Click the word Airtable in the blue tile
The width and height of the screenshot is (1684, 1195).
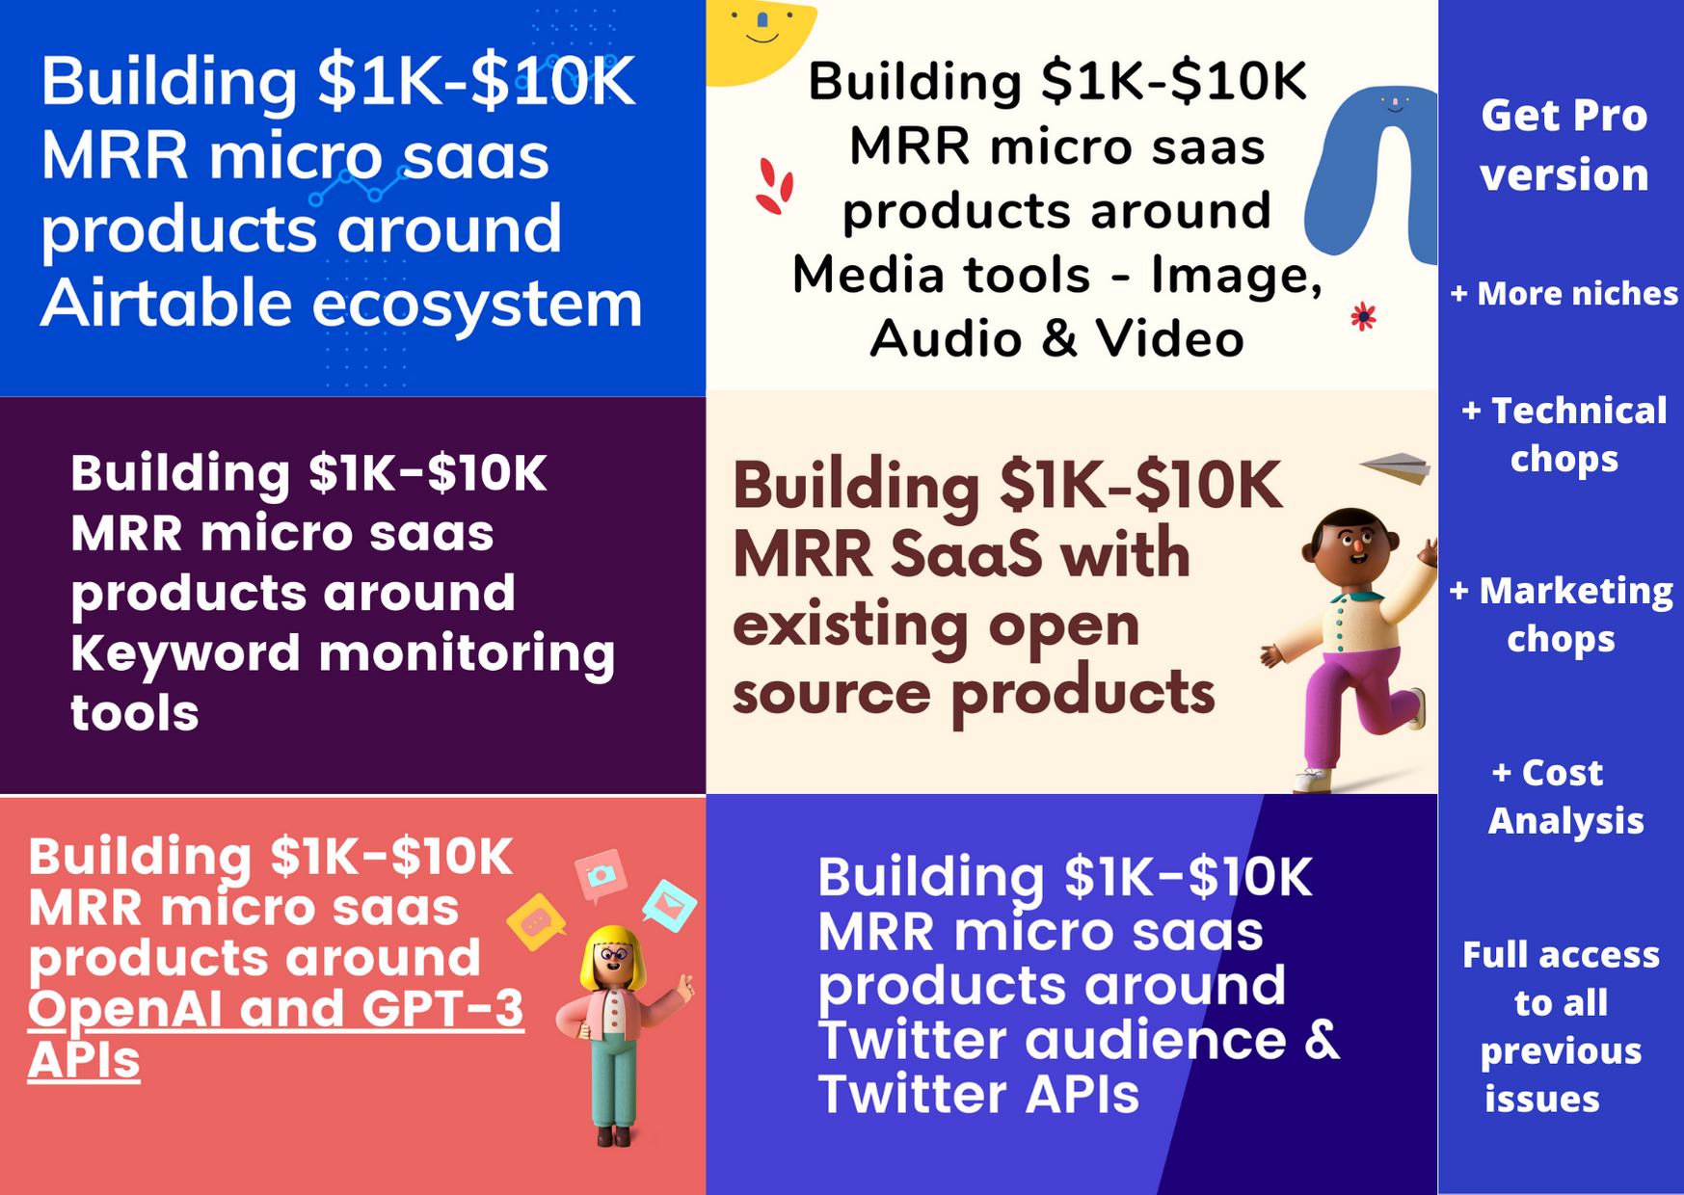pos(166,303)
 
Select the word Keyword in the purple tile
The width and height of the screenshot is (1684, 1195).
pos(186,652)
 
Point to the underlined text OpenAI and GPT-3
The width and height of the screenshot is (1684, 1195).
pos(276,1009)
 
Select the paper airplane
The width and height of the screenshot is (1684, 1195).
pos(1396,466)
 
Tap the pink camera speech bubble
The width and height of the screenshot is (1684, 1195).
pos(601,875)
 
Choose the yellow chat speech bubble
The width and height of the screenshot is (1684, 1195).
pos(536,921)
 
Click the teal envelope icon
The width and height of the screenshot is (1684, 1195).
pos(670,905)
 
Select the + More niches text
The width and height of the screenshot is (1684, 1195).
pos(1564,293)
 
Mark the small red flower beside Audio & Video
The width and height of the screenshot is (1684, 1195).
pos(1363,316)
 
